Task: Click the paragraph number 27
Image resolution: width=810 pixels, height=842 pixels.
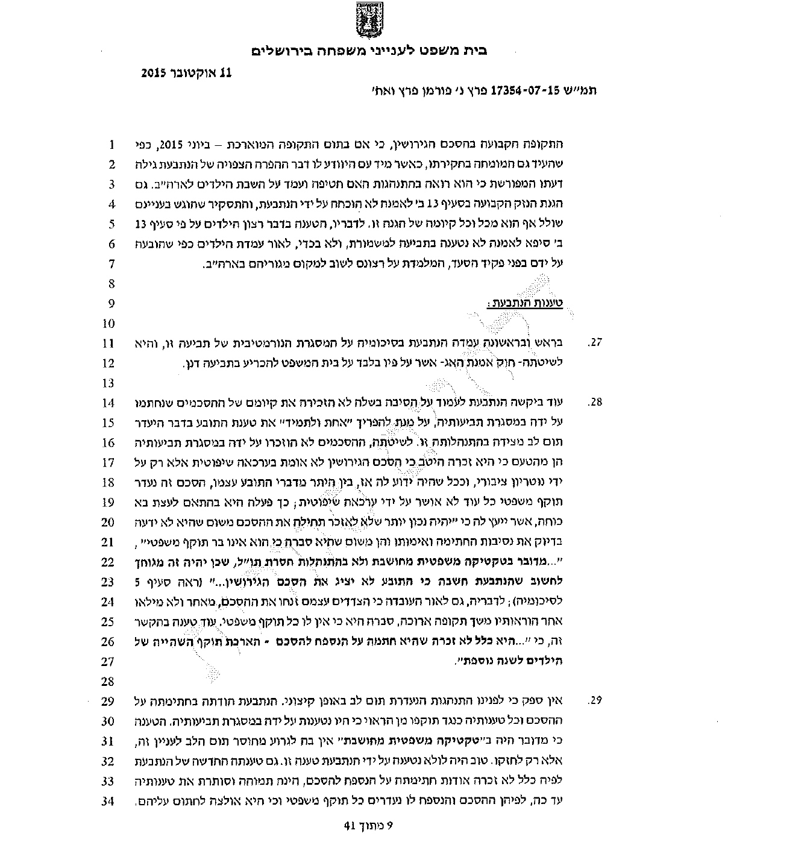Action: [x=595, y=343]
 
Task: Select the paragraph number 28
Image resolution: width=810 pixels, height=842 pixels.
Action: [x=595, y=403]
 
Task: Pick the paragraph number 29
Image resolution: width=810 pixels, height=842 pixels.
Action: [x=595, y=700]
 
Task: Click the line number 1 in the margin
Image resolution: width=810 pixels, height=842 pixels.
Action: [x=111, y=145]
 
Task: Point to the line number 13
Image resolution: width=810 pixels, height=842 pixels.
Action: [x=108, y=383]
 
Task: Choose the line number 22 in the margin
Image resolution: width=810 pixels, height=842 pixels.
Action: [x=108, y=562]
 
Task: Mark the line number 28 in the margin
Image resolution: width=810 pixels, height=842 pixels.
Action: [x=108, y=681]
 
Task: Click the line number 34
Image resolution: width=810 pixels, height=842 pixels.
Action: [x=108, y=800]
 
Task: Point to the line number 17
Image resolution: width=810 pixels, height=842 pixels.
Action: [x=108, y=462]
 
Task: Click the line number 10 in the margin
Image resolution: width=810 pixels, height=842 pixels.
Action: [x=108, y=323]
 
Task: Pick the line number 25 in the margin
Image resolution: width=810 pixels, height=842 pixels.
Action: [x=108, y=621]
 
